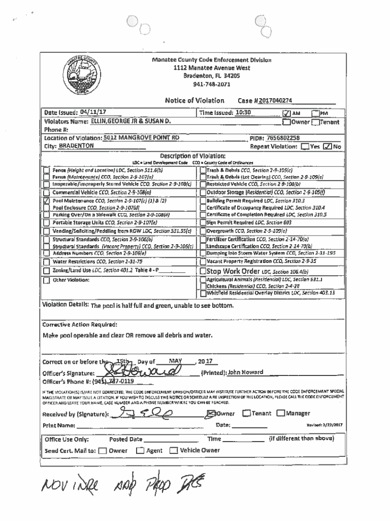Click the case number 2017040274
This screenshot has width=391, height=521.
(275, 101)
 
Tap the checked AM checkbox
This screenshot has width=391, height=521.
(286, 113)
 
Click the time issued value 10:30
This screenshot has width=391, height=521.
(243, 112)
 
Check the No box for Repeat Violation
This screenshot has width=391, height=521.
(328, 147)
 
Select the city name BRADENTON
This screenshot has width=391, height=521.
(76, 146)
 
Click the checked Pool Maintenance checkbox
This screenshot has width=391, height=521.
(46, 201)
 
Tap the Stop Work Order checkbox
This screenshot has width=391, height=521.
(203, 271)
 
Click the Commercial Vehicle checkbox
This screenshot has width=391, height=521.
(46, 193)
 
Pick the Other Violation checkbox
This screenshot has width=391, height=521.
(46, 280)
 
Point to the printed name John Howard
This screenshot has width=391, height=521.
(245, 372)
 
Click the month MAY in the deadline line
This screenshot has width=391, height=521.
(175, 362)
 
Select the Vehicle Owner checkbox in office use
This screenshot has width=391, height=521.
(174, 450)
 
